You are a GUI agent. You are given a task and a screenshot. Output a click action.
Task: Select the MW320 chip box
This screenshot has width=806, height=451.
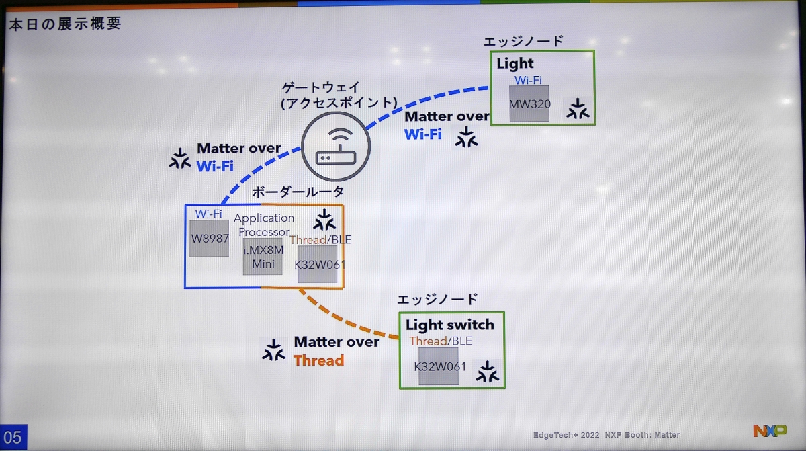(529, 104)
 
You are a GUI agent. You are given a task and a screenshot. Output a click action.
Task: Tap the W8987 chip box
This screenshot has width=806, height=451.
(209, 239)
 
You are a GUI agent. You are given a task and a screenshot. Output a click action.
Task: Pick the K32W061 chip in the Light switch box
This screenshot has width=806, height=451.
(439, 366)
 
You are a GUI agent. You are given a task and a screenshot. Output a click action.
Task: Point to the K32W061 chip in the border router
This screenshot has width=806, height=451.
(318, 264)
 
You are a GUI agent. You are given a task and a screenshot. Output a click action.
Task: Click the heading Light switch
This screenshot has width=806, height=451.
(449, 325)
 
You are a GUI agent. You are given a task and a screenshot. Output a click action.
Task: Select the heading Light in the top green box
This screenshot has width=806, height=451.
(515, 64)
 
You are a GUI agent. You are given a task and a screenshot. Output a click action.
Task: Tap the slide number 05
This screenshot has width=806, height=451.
(13, 438)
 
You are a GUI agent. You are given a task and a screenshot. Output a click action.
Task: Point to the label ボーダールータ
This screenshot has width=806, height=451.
(298, 192)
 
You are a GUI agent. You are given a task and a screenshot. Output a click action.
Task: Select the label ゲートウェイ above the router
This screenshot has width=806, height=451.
(320, 87)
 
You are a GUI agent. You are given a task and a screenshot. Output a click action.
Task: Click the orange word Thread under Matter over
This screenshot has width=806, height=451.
(318, 360)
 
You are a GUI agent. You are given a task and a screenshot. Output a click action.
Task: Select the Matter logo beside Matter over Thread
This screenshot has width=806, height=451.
(273, 350)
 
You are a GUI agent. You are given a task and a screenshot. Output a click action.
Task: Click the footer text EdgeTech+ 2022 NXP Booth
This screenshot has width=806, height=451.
(606, 435)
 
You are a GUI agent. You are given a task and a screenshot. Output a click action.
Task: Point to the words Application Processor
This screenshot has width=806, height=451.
(264, 225)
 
